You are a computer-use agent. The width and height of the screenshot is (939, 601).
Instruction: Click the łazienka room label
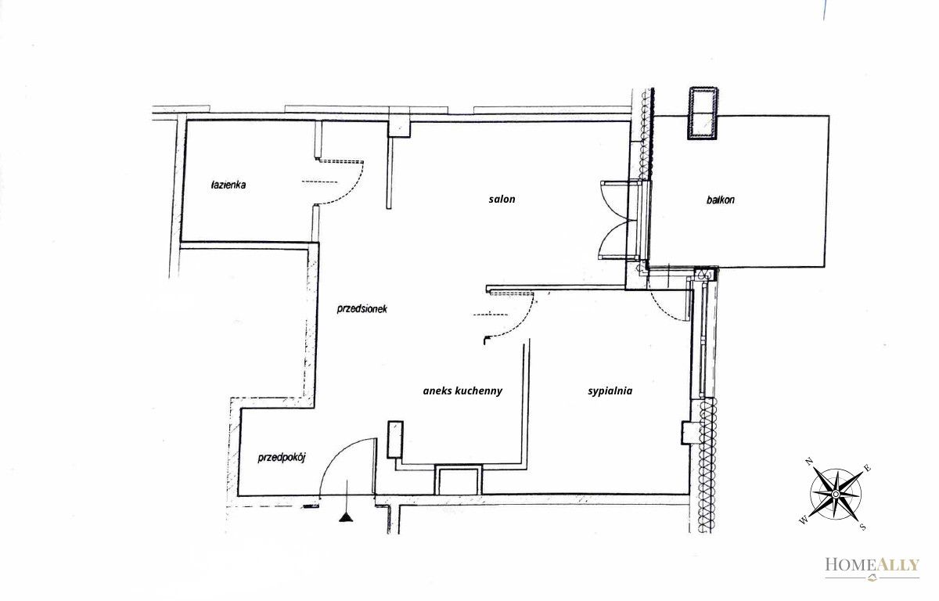(228, 185)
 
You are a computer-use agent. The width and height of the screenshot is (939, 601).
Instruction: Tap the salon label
(502, 199)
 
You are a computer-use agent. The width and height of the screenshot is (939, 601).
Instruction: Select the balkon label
(720, 200)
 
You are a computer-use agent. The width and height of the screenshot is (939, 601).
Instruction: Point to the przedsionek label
(362, 309)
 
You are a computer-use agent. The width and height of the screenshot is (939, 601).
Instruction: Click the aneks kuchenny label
(462, 391)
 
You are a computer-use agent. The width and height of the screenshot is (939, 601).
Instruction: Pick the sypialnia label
(610, 391)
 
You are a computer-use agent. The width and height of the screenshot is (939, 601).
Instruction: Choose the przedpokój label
(282, 458)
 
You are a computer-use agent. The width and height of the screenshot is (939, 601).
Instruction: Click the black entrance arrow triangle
(346, 518)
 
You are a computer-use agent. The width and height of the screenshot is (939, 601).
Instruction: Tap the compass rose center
(836, 494)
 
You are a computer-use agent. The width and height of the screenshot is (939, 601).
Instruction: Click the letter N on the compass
(809, 462)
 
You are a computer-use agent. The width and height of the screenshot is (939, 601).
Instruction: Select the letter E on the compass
(868, 468)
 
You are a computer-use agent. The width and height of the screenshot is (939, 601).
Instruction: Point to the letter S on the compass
(862, 527)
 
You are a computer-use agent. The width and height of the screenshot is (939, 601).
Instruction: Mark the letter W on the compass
(803, 520)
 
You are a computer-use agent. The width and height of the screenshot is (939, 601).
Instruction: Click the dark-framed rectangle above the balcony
(703, 113)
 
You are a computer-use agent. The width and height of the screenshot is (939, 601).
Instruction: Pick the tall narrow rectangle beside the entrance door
(395, 439)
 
